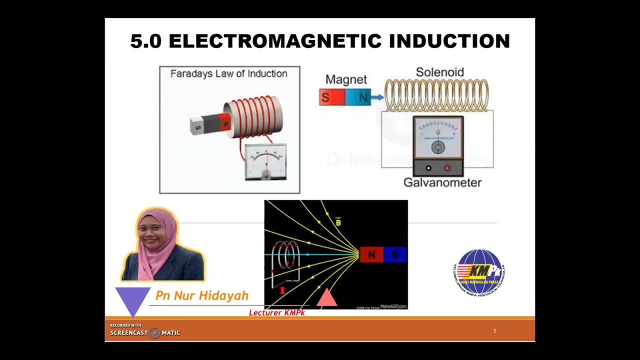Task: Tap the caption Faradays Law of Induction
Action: point(229,74)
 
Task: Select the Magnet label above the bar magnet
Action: point(346,79)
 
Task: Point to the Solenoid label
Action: point(440,72)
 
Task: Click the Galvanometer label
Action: point(442,182)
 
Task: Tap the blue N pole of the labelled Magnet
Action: point(358,97)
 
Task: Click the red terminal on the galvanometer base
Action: point(447,168)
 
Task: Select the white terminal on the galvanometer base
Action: point(428,168)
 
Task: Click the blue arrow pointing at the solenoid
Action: point(377,97)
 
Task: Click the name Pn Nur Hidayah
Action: point(202,295)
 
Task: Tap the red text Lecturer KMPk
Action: point(277,313)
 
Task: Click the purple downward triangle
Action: point(132,298)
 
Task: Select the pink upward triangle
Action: point(326,298)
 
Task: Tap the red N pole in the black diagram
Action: point(371,255)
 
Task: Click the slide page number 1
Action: point(494,331)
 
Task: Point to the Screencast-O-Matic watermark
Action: point(145,332)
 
